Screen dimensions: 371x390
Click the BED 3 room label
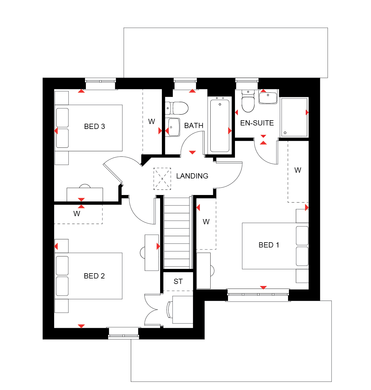(94, 126)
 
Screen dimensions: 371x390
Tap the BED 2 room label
(94, 276)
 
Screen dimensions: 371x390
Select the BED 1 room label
(269, 245)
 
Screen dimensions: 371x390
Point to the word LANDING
(192, 176)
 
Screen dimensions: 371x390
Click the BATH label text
(194, 125)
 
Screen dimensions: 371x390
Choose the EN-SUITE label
(257, 123)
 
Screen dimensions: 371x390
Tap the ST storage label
(178, 281)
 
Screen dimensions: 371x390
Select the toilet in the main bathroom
(177, 108)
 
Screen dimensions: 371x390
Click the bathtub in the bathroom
(220, 125)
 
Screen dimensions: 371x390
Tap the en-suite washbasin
(268, 96)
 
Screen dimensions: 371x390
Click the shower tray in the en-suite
(294, 117)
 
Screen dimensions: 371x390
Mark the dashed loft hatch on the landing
(162, 179)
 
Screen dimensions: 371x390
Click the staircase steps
(177, 232)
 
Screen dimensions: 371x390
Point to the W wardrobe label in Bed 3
(151, 121)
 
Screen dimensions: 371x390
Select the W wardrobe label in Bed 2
(77, 214)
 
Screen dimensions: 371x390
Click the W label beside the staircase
(206, 222)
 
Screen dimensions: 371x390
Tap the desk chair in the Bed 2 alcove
(169, 309)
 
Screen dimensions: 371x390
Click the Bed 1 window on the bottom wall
(258, 295)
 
